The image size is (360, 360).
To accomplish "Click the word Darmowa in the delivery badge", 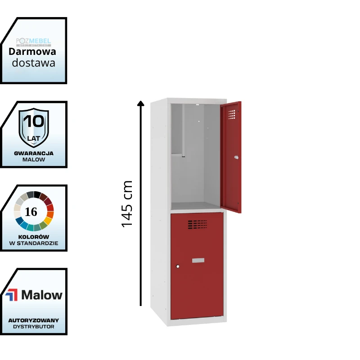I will click(x=32, y=52).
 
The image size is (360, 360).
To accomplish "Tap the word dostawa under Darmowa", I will click(x=34, y=63).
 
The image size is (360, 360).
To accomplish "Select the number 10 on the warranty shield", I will click(x=34, y=121).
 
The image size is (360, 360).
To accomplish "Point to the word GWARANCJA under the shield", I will click(x=34, y=153).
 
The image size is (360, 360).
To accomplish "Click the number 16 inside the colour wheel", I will click(x=31, y=211).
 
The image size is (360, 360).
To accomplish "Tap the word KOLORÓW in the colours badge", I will click(x=34, y=237).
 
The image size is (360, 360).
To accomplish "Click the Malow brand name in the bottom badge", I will click(x=42, y=295).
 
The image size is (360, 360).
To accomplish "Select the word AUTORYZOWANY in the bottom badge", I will click(x=34, y=320).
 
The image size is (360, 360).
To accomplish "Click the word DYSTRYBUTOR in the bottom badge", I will click(x=34, y=326).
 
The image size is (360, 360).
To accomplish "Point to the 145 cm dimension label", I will click(x=127, y=203).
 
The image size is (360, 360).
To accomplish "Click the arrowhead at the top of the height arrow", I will click(x=141, y=104).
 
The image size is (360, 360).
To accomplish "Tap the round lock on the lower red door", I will click(x=178, y=266).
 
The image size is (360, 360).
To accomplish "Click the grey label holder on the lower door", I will click(x=198, y=260).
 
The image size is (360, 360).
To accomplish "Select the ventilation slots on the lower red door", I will click(x=198, y=224).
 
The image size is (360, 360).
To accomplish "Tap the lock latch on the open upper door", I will click(x=236, y=157).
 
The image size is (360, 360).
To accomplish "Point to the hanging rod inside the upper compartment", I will click(x=183, y=130).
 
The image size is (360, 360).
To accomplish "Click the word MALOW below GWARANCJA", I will click(x=34, y=159).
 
